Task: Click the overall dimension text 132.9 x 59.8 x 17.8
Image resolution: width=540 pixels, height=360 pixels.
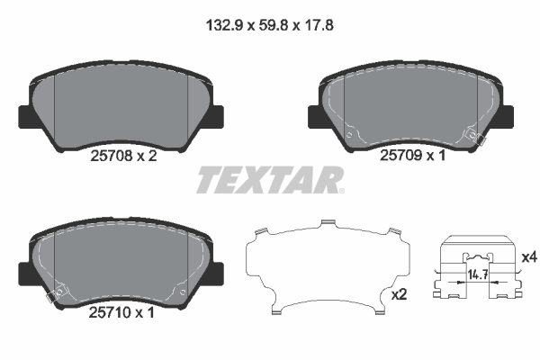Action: tap(270, 28)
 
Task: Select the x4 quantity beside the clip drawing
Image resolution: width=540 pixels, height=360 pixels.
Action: tap(528, 257)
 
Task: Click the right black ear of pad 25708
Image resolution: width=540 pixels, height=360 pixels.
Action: tap(217, 117)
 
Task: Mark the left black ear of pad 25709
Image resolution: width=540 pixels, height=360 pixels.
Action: tap(315, 117)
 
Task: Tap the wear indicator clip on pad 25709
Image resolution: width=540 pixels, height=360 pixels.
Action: tap(473, 137)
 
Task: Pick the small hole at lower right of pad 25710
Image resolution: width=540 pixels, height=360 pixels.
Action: tap(182, 290)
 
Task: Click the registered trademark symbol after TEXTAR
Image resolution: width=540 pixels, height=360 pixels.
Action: tap(341, 190)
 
